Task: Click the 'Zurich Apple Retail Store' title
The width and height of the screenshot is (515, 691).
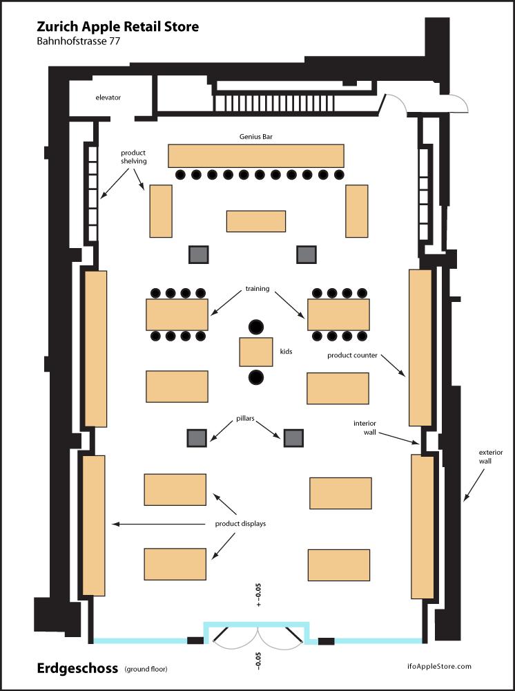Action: coord(117,28)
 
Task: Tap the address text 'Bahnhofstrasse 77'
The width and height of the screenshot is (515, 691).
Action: coord(78,42)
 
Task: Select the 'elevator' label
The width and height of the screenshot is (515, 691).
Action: coord(108,97)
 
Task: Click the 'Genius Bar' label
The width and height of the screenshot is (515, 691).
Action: coord(255,137)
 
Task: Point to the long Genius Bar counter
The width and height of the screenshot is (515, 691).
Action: coord(255,155)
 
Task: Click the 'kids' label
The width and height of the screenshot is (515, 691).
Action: coord(286,351)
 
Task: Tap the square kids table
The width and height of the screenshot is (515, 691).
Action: coord(255,352)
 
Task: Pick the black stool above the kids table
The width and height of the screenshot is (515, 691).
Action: coord(255,327)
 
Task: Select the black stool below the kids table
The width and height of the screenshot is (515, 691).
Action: coord(255,377)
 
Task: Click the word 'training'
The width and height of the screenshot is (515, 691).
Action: coord(257,289)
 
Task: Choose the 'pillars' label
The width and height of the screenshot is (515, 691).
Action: coord(245,418)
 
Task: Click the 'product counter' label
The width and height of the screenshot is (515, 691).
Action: coord(352,355)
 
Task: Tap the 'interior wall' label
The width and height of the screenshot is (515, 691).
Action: coord(365,428)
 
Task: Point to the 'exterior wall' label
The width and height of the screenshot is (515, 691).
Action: coord(490,457)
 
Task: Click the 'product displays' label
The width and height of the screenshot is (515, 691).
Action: coord(240,524)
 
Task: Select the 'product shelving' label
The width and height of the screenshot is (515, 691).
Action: coord(133,157)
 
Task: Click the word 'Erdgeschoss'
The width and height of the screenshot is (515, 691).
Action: coord(77,668)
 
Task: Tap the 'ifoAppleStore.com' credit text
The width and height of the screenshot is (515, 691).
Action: coord(439,666)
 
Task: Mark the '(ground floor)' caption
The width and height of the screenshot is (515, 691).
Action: coord(146,669)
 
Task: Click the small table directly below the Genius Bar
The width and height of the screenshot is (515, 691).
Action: coord(255,221)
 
